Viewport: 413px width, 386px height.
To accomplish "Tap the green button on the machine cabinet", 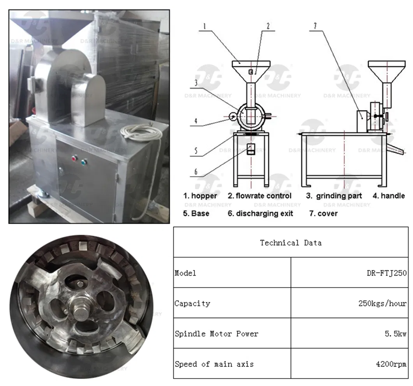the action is (84, 162).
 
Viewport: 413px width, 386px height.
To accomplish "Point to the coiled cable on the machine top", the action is (141, 132).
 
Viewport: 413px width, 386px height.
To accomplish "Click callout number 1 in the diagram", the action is (205, 26).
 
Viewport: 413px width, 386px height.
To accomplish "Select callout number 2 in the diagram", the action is (268, 26).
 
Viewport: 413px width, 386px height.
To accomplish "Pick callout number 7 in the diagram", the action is (315, 26).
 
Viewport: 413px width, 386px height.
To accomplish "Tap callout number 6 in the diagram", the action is (196, 172).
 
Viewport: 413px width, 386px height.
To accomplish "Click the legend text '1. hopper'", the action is (200, 196).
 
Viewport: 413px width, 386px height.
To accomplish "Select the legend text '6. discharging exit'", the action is (260, 213).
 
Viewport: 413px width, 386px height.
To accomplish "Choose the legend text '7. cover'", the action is (323, 213).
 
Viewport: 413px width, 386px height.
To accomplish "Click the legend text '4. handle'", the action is (389, 196).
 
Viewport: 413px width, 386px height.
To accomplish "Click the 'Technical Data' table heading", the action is (291, 243).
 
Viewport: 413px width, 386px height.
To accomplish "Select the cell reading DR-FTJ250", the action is (387, 273).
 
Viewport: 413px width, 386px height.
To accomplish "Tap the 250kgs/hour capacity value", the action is (383, 303).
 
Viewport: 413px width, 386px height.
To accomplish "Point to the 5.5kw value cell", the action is (395, 334).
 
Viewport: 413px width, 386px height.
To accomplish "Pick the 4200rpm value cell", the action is (391, 365).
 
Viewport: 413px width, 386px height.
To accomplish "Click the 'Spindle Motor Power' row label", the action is (217, 334).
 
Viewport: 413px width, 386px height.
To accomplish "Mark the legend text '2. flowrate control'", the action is (260, 196).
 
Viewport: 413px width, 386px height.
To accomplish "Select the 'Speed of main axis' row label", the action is (214, 365).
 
